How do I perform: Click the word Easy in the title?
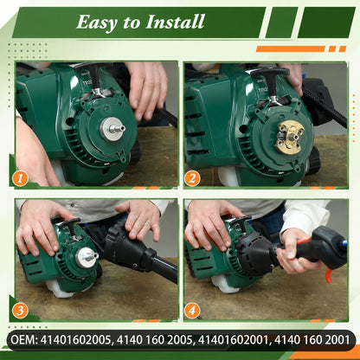(x=97, y=22)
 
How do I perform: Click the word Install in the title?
(x=175, y=22)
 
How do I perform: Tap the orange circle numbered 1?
(x=20, y=178)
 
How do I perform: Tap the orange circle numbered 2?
(x=192, y=178)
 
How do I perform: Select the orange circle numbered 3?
(x=20, y=311)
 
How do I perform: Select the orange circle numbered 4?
(x=192, y=311)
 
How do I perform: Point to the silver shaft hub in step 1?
(x=111, y=129)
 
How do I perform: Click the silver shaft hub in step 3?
(x=86, y=257)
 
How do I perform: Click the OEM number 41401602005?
(x=75, y=340)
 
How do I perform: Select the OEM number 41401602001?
(x=233, y=340)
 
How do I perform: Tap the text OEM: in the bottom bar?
(x=23, y=340)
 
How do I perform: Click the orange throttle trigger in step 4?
(x=330, y=274)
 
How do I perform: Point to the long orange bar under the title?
(x=291, y=48)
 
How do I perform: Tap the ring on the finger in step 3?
(x=147, y=223)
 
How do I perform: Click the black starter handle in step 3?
(x=70, y=226)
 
